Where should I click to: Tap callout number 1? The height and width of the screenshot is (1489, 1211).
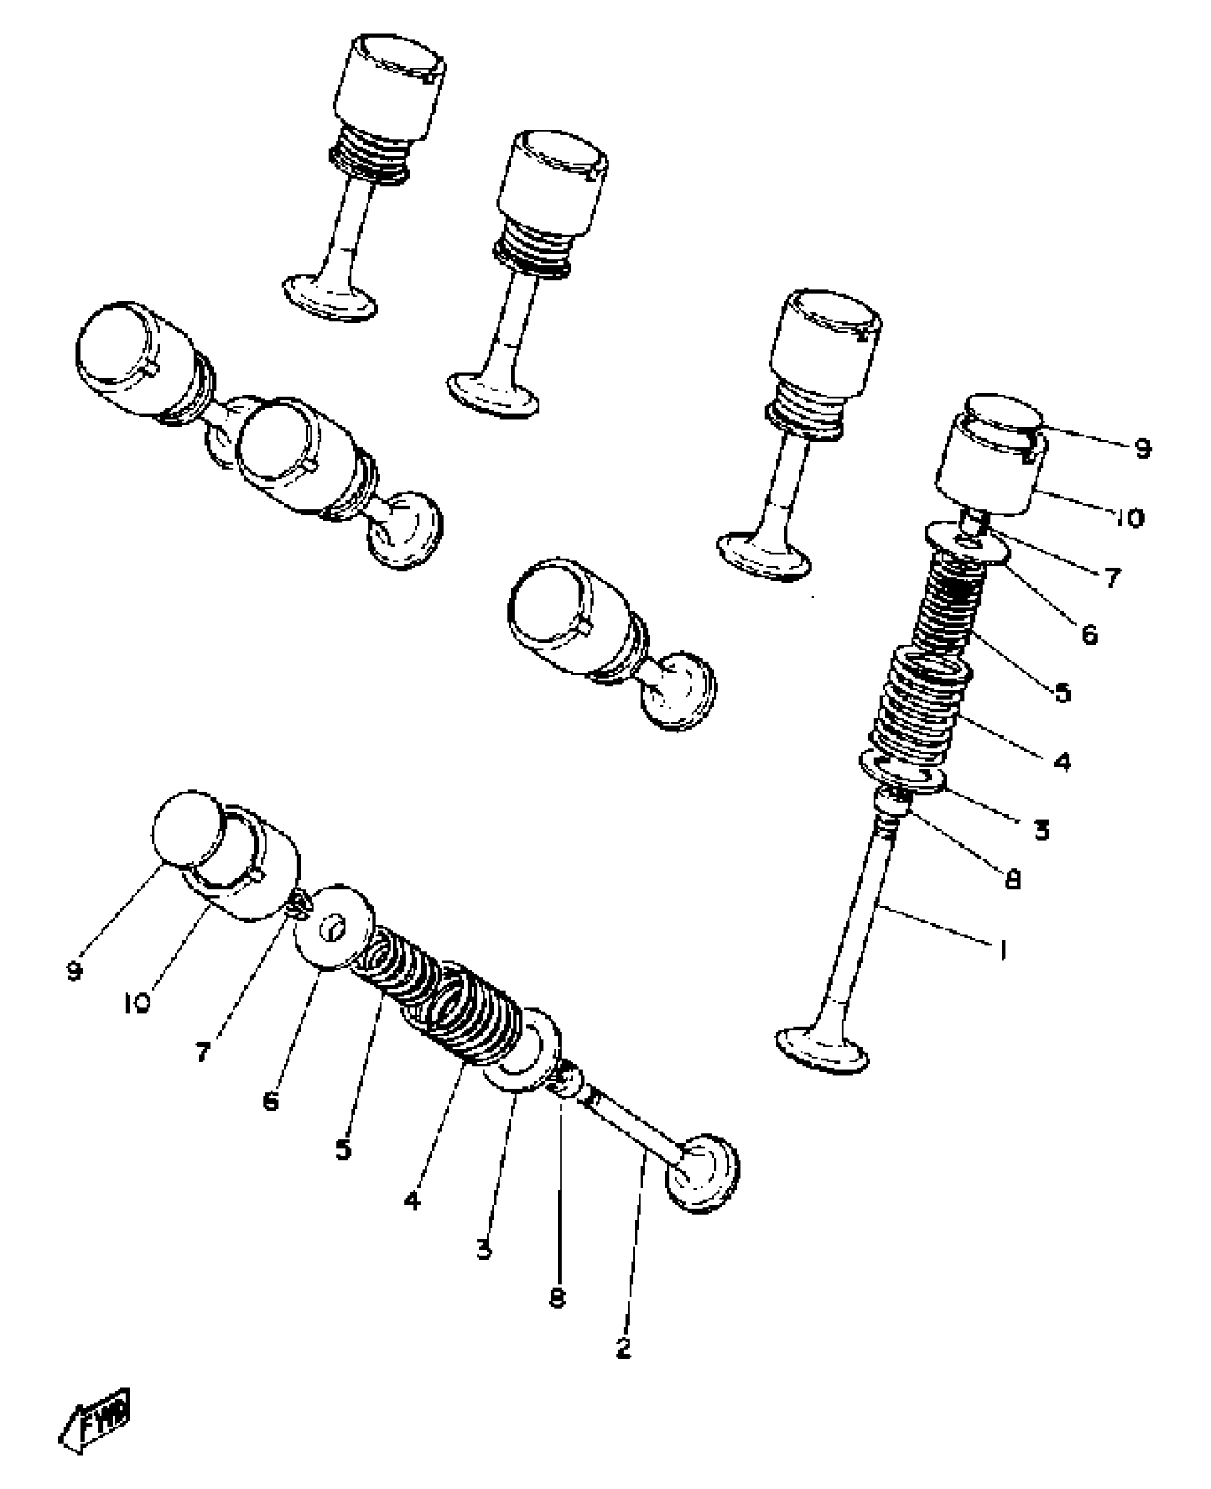point(1002,950)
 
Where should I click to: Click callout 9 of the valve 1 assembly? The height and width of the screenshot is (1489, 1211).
point(1142,448)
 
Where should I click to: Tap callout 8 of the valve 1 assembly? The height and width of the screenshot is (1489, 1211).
point(1012,881)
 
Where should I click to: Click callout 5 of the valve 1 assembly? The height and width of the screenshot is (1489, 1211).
point(1063,692)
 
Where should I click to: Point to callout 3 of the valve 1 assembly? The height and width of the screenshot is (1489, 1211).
point(1041,830)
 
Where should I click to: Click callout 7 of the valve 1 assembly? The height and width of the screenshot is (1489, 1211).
point(1112,577)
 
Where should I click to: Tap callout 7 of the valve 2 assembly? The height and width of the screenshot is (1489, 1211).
point(204,1052)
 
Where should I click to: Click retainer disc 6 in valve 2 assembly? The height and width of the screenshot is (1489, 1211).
point(335,927)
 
